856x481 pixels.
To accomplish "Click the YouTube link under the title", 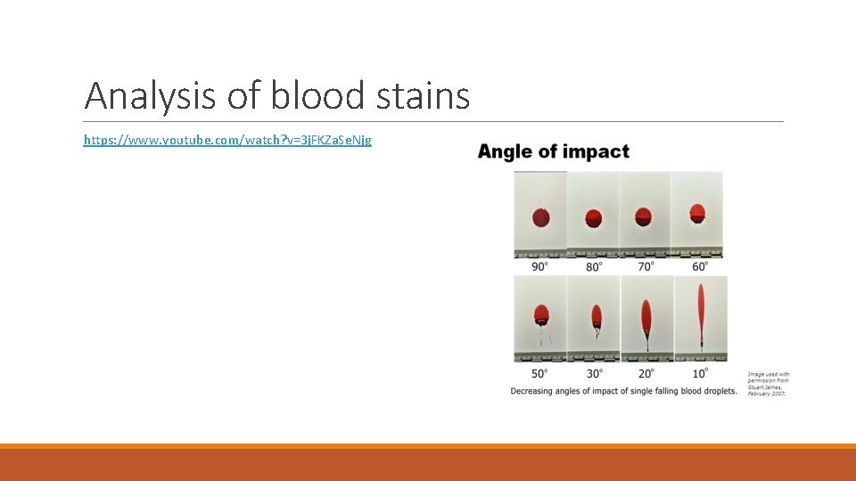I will click(x=227, y=140).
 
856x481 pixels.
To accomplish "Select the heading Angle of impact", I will click(x=554, y=151).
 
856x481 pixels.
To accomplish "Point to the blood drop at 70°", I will click(x=645, y=216).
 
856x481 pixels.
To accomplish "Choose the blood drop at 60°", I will click(x=697, y=212).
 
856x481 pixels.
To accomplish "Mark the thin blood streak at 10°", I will click(x=701, y=312).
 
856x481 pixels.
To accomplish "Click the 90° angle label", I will click(x=540, y=265).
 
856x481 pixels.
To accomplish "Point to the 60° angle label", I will click(x=700, y=265).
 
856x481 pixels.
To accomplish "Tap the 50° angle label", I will click(x=540, y=373).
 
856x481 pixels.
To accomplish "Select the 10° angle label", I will click(x=702, y=373).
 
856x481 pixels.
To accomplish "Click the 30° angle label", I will click(x=595, y=373).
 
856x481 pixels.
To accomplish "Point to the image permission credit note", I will click(x=769, y=383).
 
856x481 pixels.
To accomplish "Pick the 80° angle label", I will click(x=593, y=265).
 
